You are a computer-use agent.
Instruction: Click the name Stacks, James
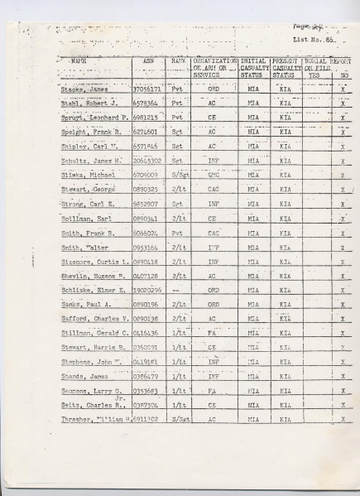84,89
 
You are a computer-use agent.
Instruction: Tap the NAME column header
79,61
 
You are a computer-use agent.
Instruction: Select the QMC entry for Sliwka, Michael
214,176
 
